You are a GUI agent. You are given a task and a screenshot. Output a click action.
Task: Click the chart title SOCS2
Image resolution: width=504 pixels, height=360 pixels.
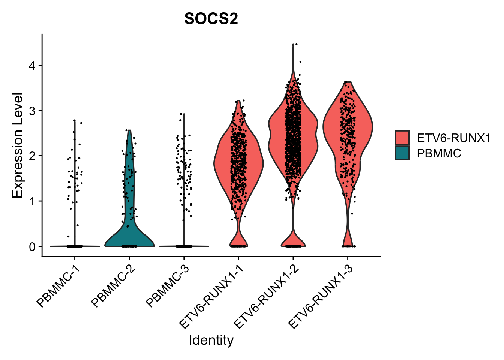click(x=211, y=19)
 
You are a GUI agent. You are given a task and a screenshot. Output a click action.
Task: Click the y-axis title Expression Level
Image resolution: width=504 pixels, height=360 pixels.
click(x=18, y=145)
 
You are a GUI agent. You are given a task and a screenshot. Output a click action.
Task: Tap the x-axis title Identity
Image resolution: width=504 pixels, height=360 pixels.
click(x=211, y=340)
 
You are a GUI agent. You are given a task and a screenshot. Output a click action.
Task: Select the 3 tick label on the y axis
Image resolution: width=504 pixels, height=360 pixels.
click(x=33, y=111)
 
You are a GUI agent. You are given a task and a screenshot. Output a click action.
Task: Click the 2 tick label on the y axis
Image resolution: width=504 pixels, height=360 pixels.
click(x=33, y=156)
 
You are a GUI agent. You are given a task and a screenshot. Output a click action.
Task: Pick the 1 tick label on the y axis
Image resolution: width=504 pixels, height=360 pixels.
click(x=33, y=201)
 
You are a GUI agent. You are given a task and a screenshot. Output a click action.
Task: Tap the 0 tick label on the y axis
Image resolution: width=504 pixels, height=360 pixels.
click(x=33, y=247)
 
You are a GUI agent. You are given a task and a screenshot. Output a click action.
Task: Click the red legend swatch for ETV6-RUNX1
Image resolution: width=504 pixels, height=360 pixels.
click(x=402, y=138)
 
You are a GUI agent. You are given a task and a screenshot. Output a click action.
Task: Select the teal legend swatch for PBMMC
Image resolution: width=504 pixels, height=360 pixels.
click(x=402, y=153)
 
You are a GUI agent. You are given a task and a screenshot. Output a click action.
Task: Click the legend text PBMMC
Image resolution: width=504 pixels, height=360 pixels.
click(x=439, y=153)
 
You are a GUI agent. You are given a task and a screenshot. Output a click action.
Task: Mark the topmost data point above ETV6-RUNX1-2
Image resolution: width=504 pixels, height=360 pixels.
click(x=296, y=44)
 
